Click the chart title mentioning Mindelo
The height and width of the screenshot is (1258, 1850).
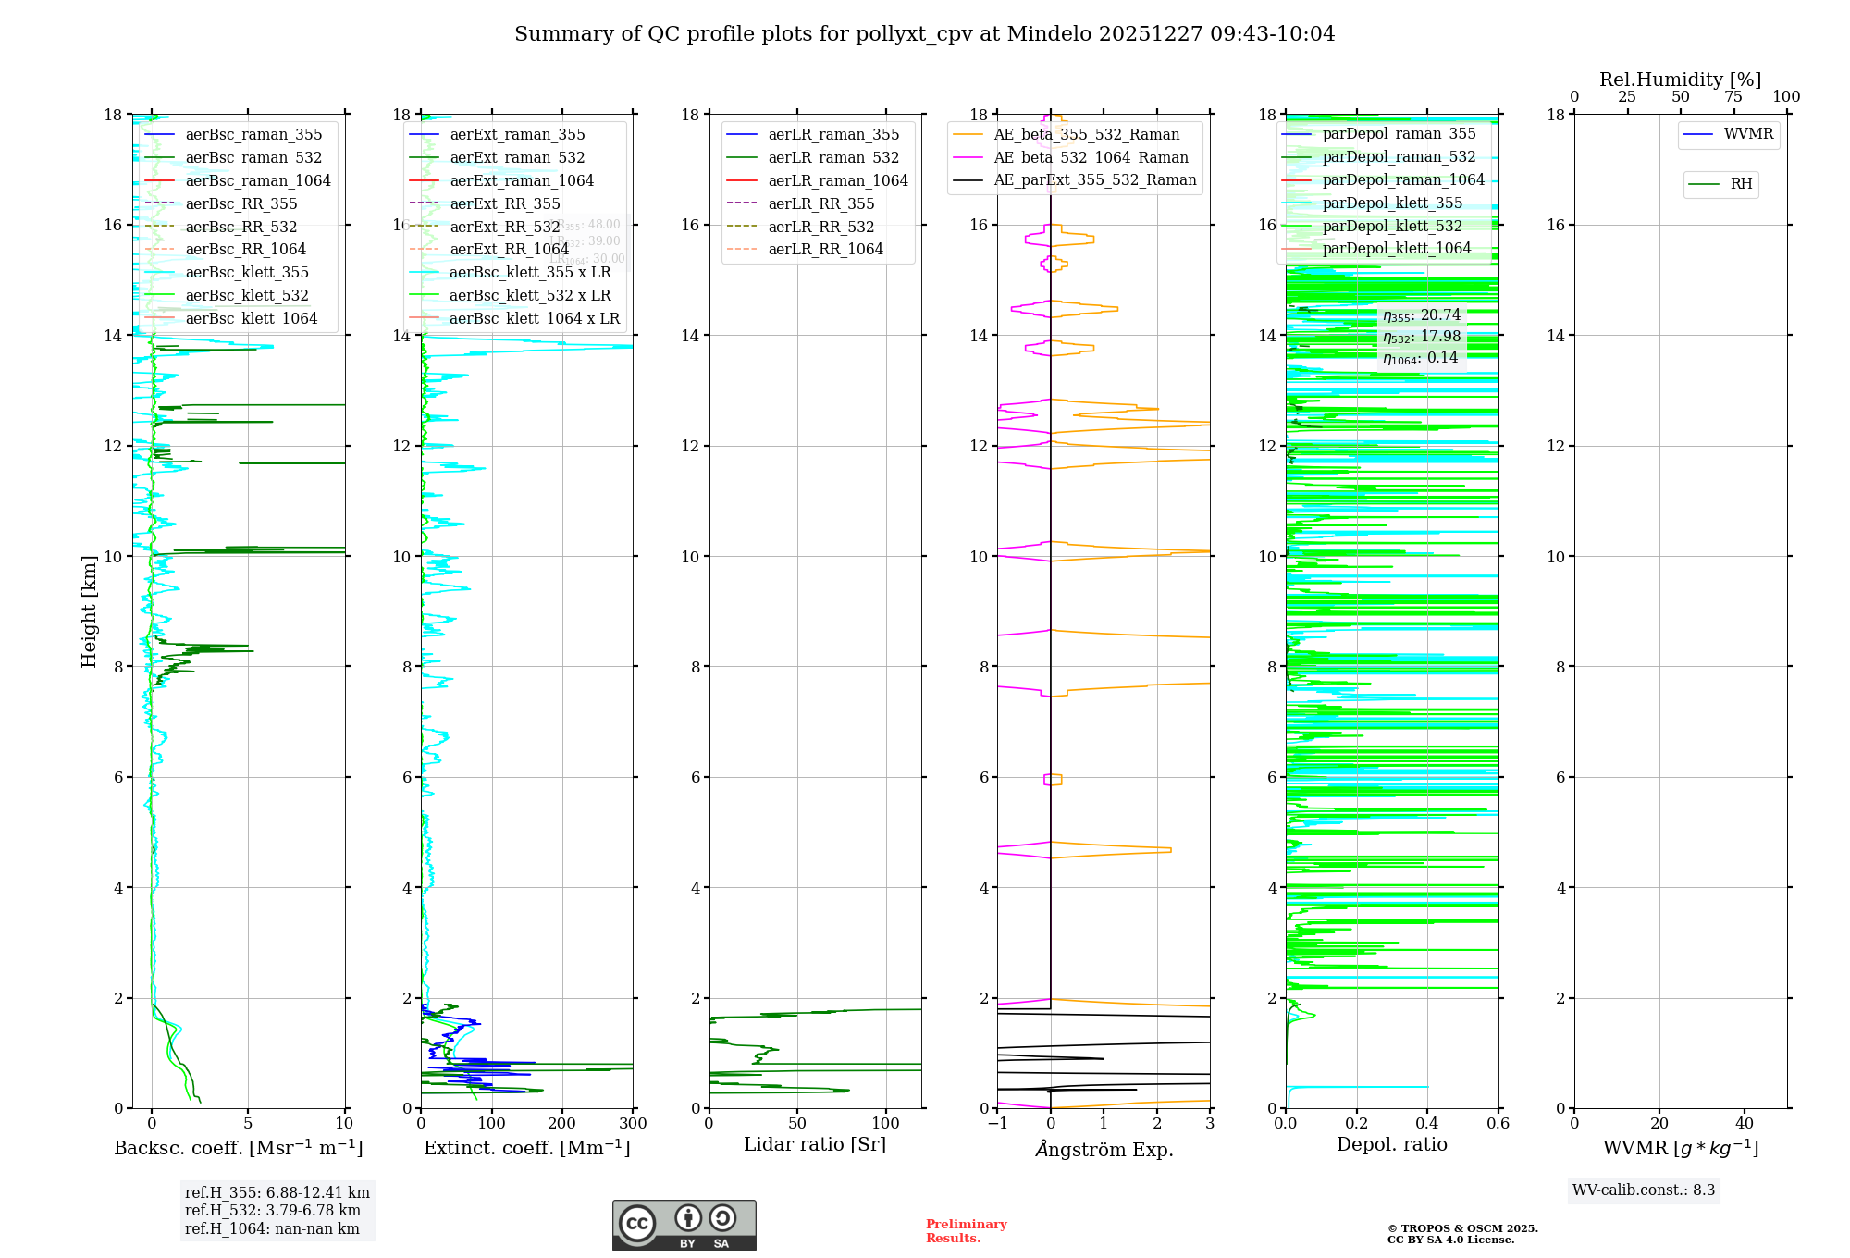tap(924, 34)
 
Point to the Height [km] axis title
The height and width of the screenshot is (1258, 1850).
tap(89, 610)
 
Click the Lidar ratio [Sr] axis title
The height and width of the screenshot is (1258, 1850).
tap(815, 1145)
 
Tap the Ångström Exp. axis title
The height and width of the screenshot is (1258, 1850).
tap(1104, 1150)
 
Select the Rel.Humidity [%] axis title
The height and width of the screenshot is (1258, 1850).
tap(1680, 80)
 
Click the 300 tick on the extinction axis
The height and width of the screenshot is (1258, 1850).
tap(634, 1124)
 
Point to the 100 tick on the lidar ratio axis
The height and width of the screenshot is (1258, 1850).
tap(886, 1124)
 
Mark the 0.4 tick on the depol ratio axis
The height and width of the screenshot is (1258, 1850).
tap(1427, 1124)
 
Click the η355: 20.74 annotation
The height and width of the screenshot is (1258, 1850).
tap(1422, 315)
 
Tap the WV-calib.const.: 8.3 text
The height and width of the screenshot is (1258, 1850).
tap(1644, 1190)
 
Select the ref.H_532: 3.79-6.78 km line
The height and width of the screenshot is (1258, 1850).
tap(273, 1211)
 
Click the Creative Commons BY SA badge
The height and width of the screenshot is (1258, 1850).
tap(684, 1226)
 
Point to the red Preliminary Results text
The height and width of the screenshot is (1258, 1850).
tap(966, 1231)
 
